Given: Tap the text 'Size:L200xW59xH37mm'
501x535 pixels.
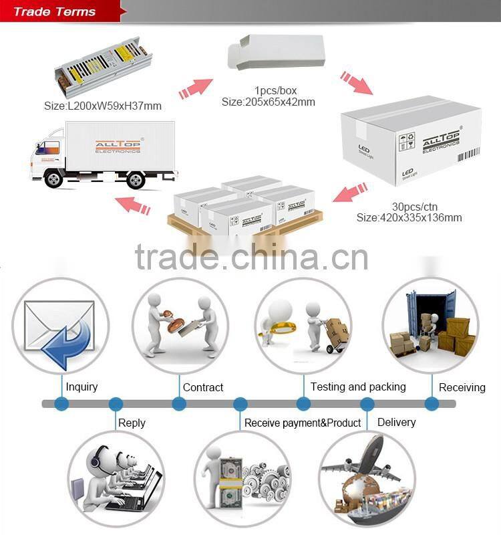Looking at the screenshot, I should point(103,106).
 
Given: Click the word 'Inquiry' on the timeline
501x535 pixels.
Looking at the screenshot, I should point(81,387).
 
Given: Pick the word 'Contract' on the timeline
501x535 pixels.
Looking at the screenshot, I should point(203,387).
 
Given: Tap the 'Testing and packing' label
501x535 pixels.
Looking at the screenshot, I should point(358,387).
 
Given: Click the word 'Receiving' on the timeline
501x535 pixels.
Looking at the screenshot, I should point(462,387).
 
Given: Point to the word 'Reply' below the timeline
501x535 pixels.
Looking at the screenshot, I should point(132,423).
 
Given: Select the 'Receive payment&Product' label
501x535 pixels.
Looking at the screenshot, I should point(303,423).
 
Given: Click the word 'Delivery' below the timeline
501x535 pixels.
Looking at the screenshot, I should point(396,422).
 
